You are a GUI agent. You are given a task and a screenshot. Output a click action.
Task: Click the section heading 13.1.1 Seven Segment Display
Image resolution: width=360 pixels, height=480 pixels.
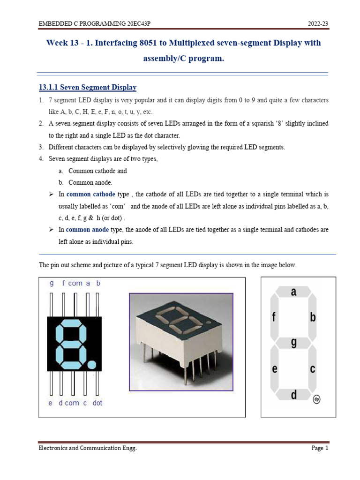(x=87, y=87)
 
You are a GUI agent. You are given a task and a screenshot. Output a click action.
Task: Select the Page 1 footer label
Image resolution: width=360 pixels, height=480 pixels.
(x=320, y=449)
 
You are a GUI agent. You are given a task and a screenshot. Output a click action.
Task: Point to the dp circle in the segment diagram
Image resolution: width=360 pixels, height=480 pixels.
(x=317, y=399)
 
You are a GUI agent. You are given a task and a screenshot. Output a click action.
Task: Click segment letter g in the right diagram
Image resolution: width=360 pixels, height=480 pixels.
(x=294, y=343)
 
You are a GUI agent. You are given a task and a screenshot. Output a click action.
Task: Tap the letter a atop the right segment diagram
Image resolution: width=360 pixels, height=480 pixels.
(x=294, y=292)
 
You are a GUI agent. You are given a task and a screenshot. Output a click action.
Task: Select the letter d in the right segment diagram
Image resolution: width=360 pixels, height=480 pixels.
(x=294, y=395)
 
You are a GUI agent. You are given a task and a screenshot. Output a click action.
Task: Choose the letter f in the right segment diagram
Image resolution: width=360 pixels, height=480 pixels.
(x=274, y=318)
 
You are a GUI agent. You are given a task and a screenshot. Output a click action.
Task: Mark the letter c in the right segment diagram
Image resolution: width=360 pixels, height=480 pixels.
(x=313, y=369)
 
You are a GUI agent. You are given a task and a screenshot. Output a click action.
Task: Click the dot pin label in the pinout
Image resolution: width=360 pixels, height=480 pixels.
(x=97, y=403)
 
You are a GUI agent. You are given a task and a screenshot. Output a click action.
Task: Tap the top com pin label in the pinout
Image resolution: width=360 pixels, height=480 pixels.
(x=75, y=283)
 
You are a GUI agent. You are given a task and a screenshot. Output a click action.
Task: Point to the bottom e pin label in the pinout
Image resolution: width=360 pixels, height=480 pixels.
(x=50, y=403)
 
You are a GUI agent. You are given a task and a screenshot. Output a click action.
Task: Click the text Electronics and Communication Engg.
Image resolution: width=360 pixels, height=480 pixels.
(x=88, y=449)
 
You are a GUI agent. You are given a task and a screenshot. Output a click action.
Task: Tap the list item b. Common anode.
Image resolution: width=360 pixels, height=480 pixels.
(x=86, y=182)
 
